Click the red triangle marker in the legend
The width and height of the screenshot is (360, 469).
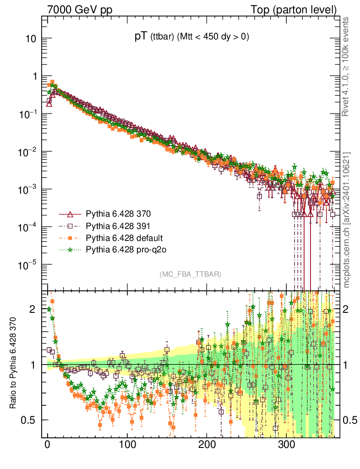point(70,214)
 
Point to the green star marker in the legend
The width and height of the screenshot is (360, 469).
point(70,250)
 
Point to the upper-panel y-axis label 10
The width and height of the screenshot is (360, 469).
point(31,38)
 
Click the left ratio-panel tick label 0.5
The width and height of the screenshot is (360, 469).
point(29,420)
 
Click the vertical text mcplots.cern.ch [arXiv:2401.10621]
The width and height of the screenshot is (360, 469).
point(347,220)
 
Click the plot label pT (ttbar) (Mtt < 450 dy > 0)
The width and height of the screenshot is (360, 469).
point(191,38)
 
